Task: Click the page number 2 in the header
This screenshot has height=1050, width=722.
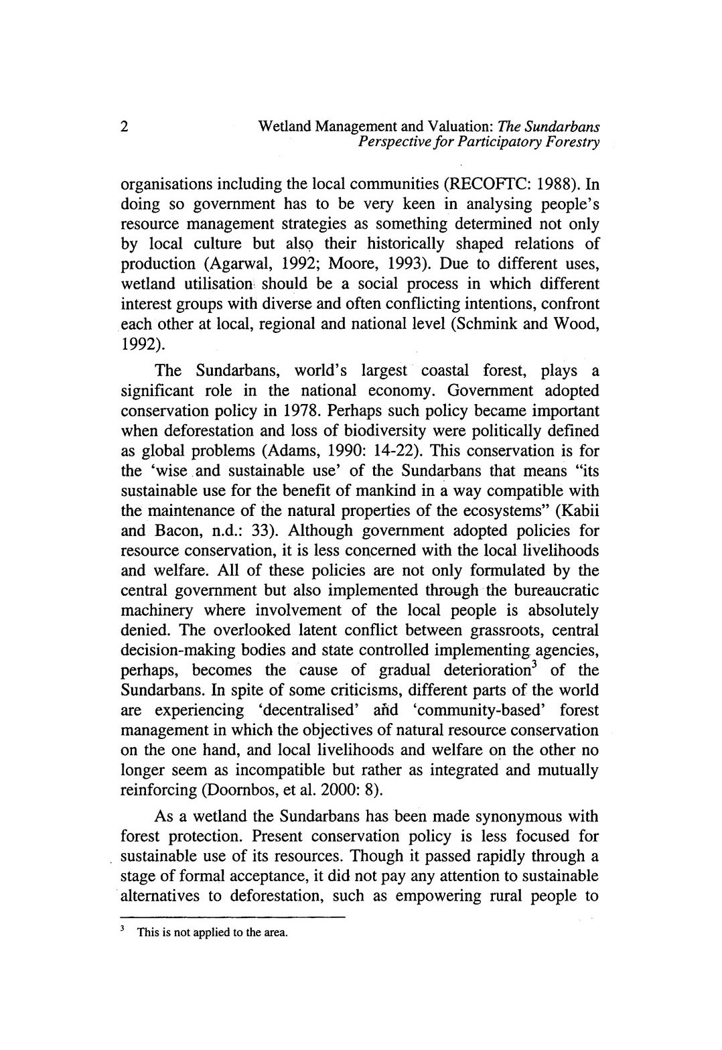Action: point(125,126)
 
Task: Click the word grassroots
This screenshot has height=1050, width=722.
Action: point(488,631)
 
